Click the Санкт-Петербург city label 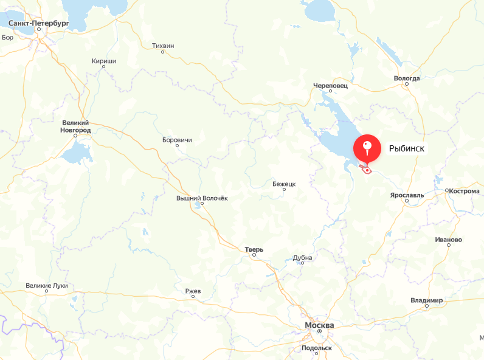39,23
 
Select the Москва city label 319,326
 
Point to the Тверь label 254,249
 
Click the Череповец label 330,86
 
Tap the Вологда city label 407,78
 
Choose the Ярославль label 407,195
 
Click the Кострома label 466,191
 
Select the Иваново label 449,240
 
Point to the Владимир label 427,301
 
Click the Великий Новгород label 75,126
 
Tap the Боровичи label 178,140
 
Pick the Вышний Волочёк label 201,198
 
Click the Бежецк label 284,183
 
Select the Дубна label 302,257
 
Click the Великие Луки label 47,286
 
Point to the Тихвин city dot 163,52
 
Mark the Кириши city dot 103,67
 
